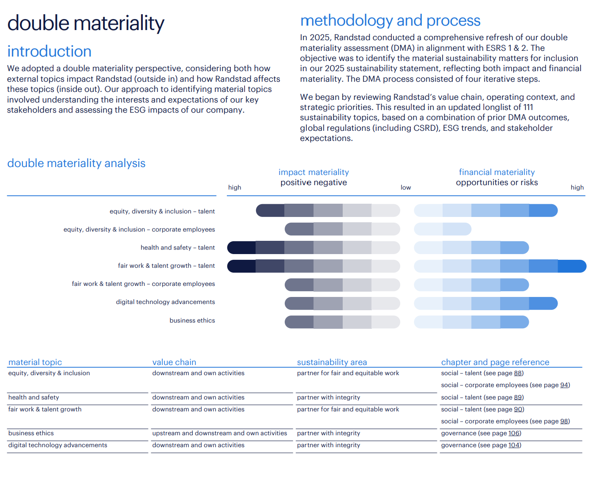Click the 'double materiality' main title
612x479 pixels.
(x=86, y=23)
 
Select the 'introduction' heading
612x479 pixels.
(x=49, y=52)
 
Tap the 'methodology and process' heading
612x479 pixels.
(x=390, y=21)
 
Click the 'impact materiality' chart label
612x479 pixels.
(x=314, y=172)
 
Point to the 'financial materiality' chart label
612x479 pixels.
(x=497, y=172)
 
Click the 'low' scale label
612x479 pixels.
(x=405, y=188)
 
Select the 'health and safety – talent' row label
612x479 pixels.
(x=177, y=248)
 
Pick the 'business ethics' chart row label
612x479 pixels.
(x=192, y=321)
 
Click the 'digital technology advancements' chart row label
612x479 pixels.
(x=165, y=302)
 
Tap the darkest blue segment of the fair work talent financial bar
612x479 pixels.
(x=572, y=266)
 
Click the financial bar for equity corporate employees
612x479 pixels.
(x=443, y=229)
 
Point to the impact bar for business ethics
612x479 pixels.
(x=342, y=322)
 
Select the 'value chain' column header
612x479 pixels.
(x=174, y=362)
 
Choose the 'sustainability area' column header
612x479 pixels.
(x=332, y=362)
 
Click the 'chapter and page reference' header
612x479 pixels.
(x=495, y=362)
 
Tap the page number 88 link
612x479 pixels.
(x=518, y=373)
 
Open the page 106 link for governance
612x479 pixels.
(x=514, y=433)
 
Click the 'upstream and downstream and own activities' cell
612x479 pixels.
(x=220, y=433)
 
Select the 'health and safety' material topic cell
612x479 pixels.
(x=34, y=398)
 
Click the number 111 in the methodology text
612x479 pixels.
(x=528, y=107)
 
